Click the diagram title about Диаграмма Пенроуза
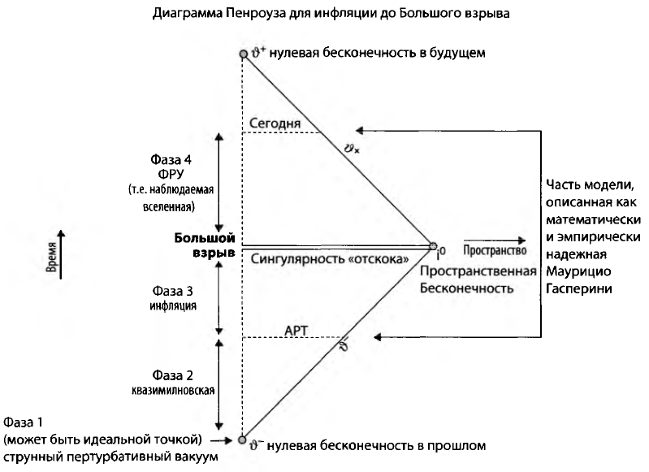pyautogui.click(x=324, y=14)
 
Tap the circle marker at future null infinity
pyautogui.click(x=242, y=54)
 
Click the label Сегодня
pyautogui.click(x=275, y=123)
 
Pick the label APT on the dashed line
pyautogui.click(x=296, y=331)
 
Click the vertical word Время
pyautogui.click(x=51, y=261)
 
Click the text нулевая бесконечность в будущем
pyautogui.click(x=378, y=54)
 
